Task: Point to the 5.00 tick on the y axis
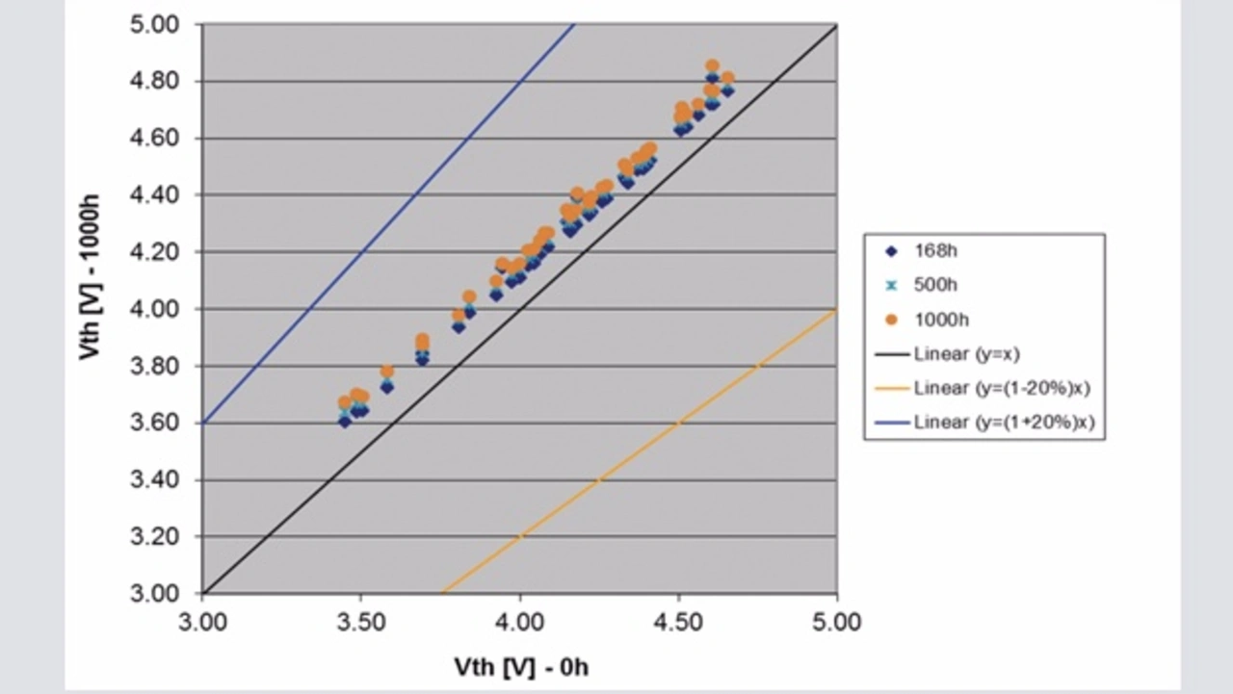(154, 25)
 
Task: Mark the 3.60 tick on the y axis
(154, 423)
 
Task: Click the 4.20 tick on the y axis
(154, 252)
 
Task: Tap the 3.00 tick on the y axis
(154, 593)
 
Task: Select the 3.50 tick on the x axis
(360, 622)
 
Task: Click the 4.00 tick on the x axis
(519, 622)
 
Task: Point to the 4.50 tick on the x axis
(678, 622)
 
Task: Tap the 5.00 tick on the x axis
(836, 622)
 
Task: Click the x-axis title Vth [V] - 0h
(521, 666)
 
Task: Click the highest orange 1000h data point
(712, 66)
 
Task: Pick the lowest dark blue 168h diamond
(345, 422)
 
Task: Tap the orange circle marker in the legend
(891, 320)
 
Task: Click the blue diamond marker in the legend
(891, 251)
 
